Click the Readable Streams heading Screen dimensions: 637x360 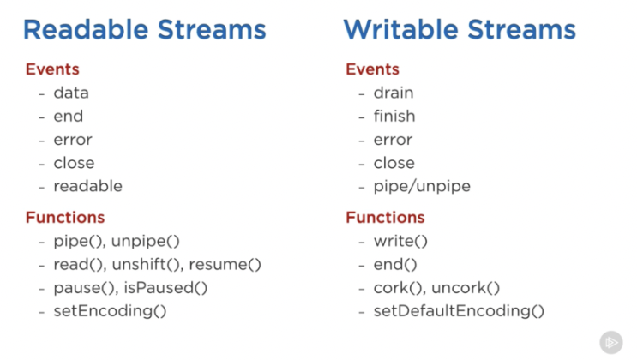click(145, 30)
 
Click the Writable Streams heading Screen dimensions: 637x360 click(460, 30)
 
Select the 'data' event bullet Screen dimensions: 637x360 click(71, 93)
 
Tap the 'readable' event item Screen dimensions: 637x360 click(87, 186)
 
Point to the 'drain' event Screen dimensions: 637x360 click(394, 93)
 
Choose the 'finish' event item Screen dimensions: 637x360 click(394, 117)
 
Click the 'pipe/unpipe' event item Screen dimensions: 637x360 click(422, 187)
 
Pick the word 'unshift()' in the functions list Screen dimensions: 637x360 click(146, 265)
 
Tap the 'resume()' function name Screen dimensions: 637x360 click(225, 265)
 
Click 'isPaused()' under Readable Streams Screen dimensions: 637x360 click(165, 288)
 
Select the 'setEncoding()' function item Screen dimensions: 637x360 click(110, 311)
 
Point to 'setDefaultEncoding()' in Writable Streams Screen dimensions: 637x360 click(459, 311)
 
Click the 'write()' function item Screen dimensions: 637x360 click(400, 242)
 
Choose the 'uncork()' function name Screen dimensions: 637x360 click(466, 288)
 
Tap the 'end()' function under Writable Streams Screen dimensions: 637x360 click(395, 265)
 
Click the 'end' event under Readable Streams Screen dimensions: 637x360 click(69, 117)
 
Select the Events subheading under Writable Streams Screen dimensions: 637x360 click(373, 69)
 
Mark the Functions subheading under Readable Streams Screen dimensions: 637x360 click(65, 218)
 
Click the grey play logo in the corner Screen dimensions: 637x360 click(611, 343)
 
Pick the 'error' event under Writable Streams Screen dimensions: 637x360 click(393, 140)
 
